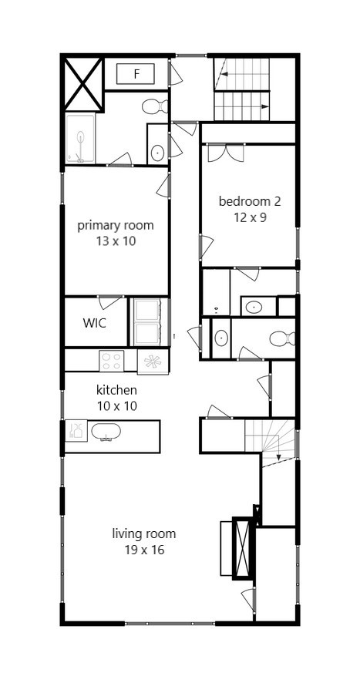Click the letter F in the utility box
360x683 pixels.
[x=136, y=74]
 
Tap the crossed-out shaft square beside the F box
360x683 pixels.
[x=82, y=82]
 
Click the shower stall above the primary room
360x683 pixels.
[x=80, y=139]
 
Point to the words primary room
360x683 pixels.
[x=116, y=226]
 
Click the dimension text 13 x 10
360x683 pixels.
[x=116, y=241]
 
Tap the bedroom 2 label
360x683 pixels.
[x=249, y=202]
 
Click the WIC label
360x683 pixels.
[x=95, y=321]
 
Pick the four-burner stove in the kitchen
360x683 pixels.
[x=111, y=361]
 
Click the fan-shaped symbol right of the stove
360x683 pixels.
[x=152, y=362]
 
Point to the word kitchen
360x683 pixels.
[x=116, y=390]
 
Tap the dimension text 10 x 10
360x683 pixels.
[x=116, y=405]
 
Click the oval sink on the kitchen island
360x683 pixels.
[x=106, y=432]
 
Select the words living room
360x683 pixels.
[x=144, y=533]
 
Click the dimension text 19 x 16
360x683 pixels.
[x=144, y=550]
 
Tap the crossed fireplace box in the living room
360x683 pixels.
[x=244, y=548]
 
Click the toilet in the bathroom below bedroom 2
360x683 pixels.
[x=282, y=338]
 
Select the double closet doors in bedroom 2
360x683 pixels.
[x=225, y=152]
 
